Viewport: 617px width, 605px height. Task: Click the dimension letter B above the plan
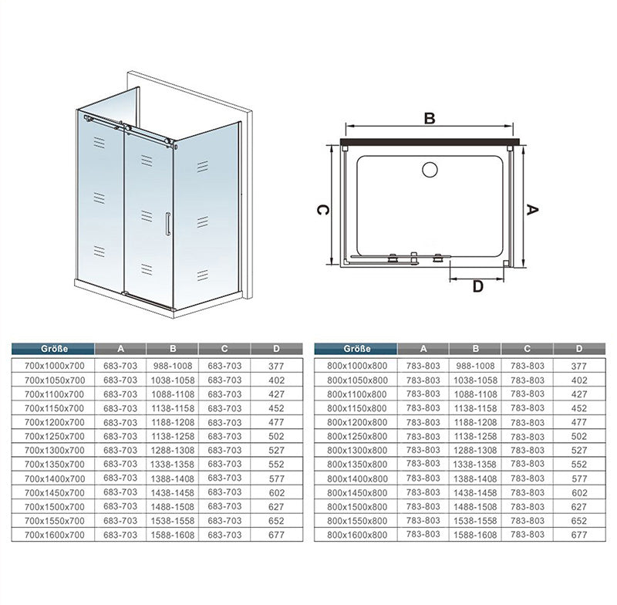[x=430, y=118]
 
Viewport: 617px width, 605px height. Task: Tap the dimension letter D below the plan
[x=477, y=286]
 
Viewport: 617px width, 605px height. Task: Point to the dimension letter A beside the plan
[x=531, y=210]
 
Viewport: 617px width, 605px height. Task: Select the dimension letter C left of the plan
[x=322, y=210]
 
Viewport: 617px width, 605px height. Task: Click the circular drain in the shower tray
[x=430, y=170]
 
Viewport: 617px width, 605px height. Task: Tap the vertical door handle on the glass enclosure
[x=168, y=224]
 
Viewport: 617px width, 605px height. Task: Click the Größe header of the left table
[x=54, y=349]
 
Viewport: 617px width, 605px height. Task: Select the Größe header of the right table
[x=357, y=349]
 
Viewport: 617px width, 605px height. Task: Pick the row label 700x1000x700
[x=54, y=366]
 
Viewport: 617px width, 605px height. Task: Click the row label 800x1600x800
[x=357, y=535]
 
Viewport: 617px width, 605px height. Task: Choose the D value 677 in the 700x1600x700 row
[x=276, y=535]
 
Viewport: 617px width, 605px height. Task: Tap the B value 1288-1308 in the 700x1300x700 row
[x=173, y=451]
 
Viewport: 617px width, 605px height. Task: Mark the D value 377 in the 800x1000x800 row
[x=579, y=366]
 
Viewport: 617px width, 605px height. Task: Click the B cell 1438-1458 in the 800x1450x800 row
[x=475, y=493]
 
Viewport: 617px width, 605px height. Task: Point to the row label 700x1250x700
[x=54, y=436]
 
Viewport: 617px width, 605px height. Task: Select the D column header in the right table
[x=579, y=349]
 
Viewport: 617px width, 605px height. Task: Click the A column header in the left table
[x=120, y=349]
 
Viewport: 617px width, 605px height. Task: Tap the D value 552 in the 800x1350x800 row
[x=579, y=465]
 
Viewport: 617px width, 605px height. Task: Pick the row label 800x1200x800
[x=357, y=422]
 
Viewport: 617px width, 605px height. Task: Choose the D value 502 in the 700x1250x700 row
[x=276, y=436]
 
